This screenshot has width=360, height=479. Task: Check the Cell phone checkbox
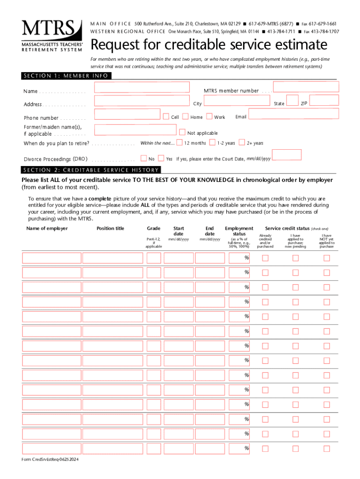(166, 116)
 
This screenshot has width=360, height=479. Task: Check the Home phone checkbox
(185, 116)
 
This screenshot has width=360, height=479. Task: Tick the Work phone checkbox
(209, 116)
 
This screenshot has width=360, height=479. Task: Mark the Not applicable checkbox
(183, 132)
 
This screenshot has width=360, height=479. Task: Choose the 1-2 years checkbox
(213, 142)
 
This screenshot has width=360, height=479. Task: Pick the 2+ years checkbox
(242, 142)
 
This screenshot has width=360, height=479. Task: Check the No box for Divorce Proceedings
(144, 158)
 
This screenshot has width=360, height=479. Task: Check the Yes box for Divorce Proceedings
(161, 158)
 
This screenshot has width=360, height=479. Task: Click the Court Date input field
(287, 155)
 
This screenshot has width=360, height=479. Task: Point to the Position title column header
(110, 228)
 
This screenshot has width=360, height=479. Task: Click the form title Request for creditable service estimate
(209, 45)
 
